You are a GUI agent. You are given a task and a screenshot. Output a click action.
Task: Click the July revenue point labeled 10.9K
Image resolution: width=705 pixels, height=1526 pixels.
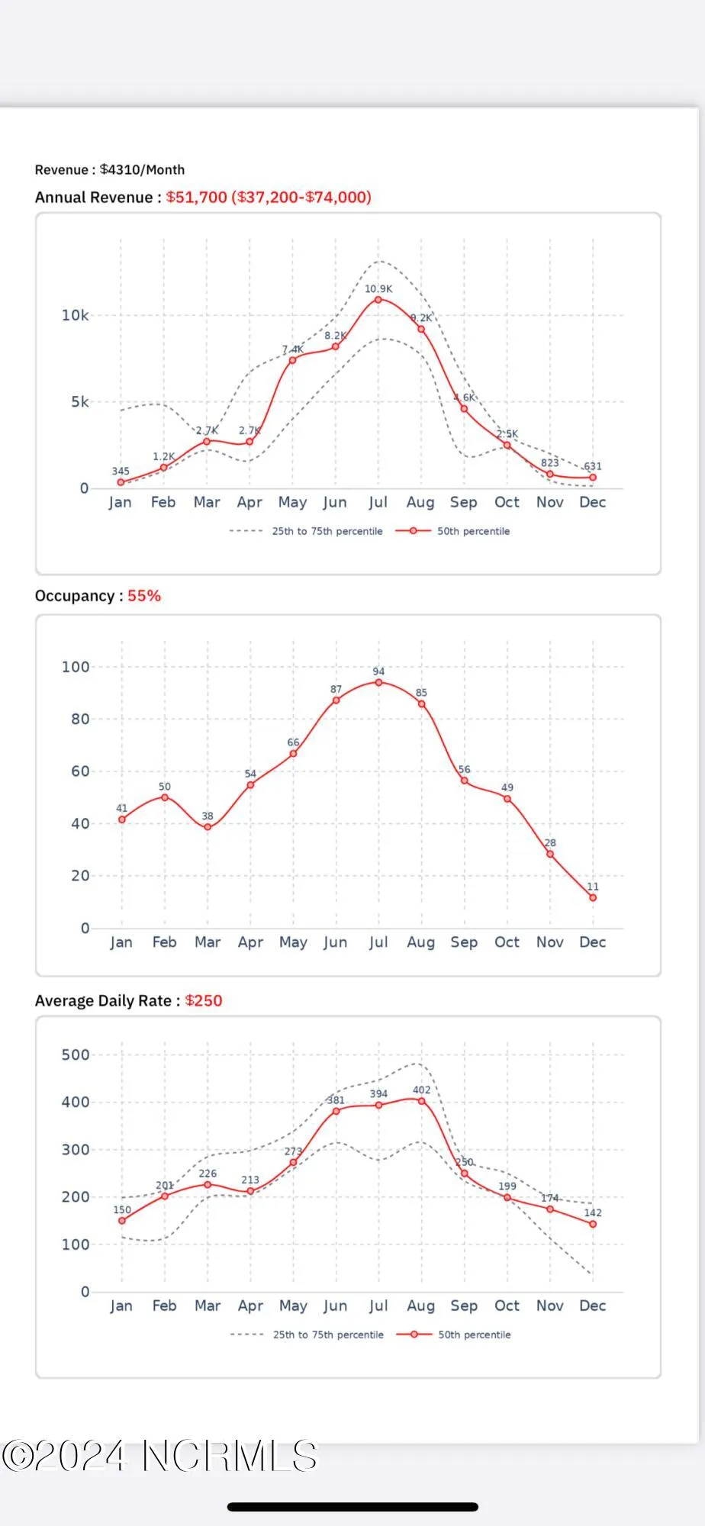point(378,300)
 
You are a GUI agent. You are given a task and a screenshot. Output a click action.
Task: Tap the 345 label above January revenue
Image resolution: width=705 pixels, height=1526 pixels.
point(121,472)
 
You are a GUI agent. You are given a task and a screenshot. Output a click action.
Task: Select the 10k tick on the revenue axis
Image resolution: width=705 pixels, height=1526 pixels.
point(75,315)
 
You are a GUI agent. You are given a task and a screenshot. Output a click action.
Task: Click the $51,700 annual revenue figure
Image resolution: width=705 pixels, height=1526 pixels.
point(196,198)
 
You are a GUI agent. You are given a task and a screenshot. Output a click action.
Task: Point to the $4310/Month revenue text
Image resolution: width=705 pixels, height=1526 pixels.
point(142,170)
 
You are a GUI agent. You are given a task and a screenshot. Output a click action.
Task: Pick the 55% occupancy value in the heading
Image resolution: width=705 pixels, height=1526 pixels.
point(144,596)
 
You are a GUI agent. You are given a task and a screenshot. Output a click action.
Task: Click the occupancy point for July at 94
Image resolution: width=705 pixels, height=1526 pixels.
point(378,682)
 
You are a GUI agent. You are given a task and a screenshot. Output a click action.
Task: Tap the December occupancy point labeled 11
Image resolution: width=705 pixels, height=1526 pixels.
point(593,898)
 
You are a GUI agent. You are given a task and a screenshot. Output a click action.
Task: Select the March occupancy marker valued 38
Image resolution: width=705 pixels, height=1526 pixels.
point(208,827)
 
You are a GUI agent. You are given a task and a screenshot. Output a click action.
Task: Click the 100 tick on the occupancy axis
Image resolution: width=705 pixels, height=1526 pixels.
point(75,667)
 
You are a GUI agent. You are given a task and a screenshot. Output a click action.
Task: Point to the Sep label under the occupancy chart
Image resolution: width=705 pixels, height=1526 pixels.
point(464,942)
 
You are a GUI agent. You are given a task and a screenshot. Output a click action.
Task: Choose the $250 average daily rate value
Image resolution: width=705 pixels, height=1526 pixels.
point(204,1001)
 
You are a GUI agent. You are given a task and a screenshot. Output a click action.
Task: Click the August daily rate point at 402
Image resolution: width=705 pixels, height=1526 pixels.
point(421,1101)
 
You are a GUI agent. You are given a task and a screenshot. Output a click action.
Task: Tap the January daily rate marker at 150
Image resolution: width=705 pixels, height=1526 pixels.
point(122,1221)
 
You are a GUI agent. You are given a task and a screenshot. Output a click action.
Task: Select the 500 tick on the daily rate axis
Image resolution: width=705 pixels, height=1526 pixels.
point(75,1055)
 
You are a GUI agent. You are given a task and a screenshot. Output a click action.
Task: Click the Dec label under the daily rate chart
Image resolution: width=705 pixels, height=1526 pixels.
point(593,1305)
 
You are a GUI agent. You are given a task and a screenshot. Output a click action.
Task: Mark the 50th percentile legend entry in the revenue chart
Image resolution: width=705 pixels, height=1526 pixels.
point(453,531)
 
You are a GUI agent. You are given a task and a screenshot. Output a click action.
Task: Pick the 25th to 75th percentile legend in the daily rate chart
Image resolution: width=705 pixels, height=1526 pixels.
point(307,1334)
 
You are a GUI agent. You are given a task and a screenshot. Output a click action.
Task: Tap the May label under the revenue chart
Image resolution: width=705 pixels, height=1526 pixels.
point(292,502)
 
